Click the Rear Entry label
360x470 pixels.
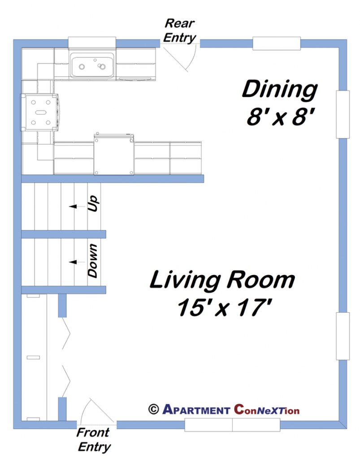coord(180,30)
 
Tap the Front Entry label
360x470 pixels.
coord(93,440)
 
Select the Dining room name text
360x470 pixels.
coord(279,89)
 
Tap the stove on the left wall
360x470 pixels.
coord(39,112)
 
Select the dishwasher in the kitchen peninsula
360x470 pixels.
coord(114,155)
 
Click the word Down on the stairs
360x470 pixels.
coord(93,261)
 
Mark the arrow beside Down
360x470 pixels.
coord(73,261)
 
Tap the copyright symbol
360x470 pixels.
coord(153,409)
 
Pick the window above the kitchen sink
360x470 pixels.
coord(92,43)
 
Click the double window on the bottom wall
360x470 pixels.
coord(232,424)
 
